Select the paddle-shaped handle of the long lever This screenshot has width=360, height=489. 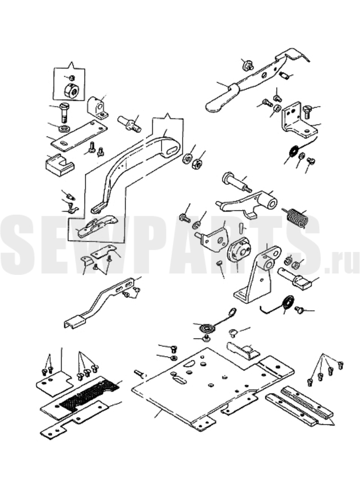coord(219,100)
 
